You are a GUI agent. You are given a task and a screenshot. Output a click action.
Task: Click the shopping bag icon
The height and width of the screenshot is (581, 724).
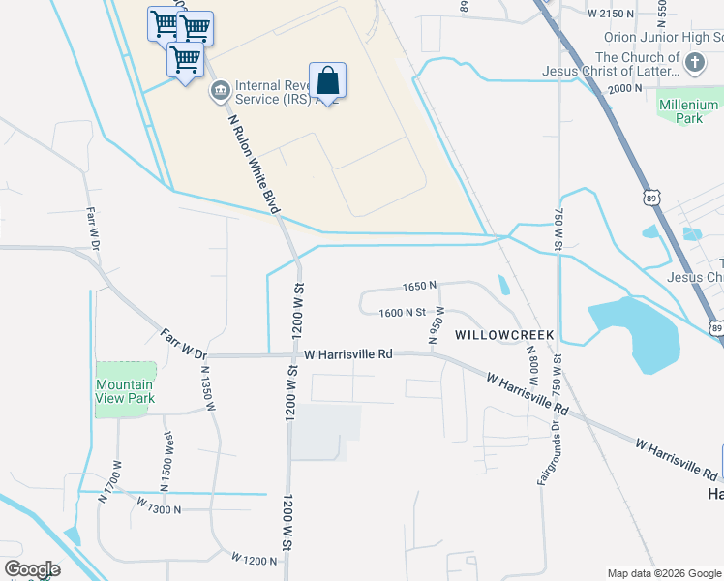click(328, 81)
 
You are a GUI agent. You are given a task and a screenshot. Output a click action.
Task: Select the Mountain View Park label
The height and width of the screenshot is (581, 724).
click(125, 391)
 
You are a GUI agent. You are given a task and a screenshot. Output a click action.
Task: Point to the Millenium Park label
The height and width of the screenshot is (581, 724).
click(688, 111)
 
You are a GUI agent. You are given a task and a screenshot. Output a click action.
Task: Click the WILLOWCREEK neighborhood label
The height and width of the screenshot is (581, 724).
click(504, 334)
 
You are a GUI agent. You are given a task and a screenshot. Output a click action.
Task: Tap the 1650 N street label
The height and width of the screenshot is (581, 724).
click(419, 287)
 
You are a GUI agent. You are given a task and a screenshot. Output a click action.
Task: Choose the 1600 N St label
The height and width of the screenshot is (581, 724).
click(403, 312)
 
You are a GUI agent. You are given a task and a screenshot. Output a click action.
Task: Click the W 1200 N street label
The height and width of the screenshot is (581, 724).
click(255, 559)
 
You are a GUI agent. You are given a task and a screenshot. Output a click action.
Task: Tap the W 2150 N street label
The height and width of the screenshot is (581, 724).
click(611, 14)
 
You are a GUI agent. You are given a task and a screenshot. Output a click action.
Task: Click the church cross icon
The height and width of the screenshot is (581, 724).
click(694, 64)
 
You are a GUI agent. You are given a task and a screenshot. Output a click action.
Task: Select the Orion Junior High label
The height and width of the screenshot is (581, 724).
click(663, 37)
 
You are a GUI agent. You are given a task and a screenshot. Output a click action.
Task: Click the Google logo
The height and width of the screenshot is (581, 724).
click(32, 569)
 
